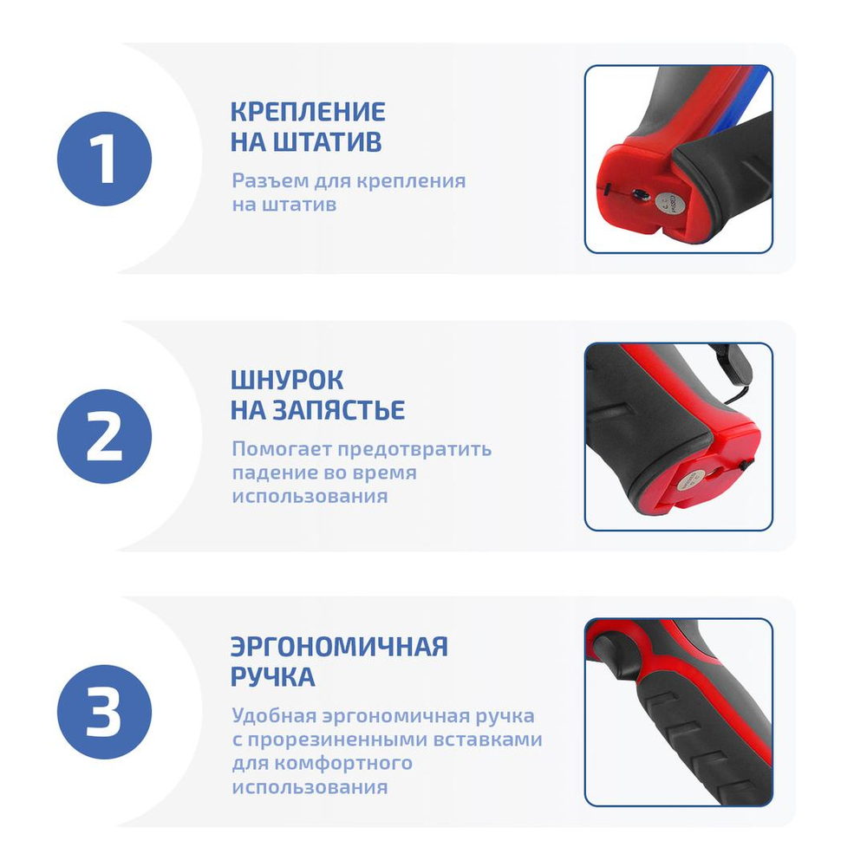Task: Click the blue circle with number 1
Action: pyautogui.click(x=104, y=160)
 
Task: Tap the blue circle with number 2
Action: pyautogui.click(x=104, y=436)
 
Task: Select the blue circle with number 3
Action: pyautogui.click(x=104, y=712)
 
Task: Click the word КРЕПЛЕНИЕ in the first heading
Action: pyautogui.click(x=308, y=112)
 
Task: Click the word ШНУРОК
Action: pyautogui.click(x=287, y=380)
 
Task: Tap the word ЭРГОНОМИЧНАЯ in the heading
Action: pyautogui.click(x=339, y=647)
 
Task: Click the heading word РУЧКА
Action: pyautogui.click(x=272, y=677)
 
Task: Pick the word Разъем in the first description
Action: pyautogui.click(x=264, y=181)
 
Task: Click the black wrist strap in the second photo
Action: pyautogui.click(x=736, y=371)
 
